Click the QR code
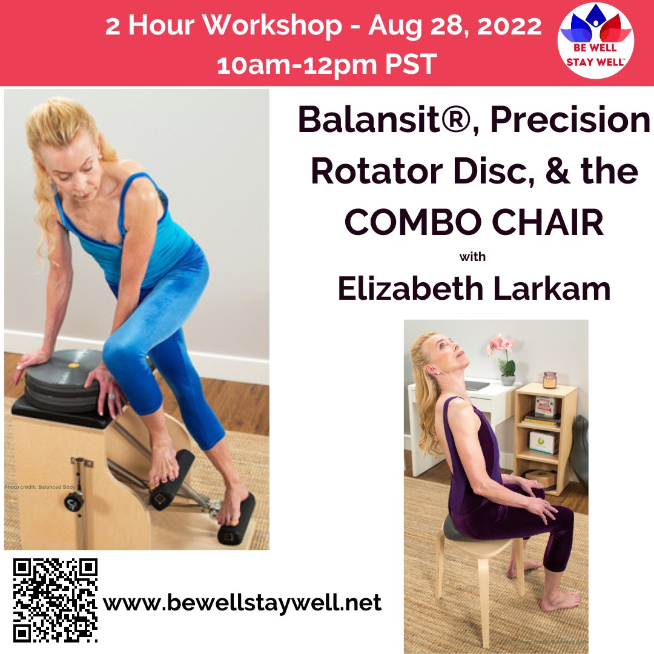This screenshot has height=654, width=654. click(x=55, y=600)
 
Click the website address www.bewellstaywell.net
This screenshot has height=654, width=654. click(x=242, y=603)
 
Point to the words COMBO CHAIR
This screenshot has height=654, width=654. click(x=474, y=223)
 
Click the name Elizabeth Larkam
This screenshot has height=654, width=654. click(x=474, y=289)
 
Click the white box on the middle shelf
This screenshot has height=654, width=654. click(x=544, y=442)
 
